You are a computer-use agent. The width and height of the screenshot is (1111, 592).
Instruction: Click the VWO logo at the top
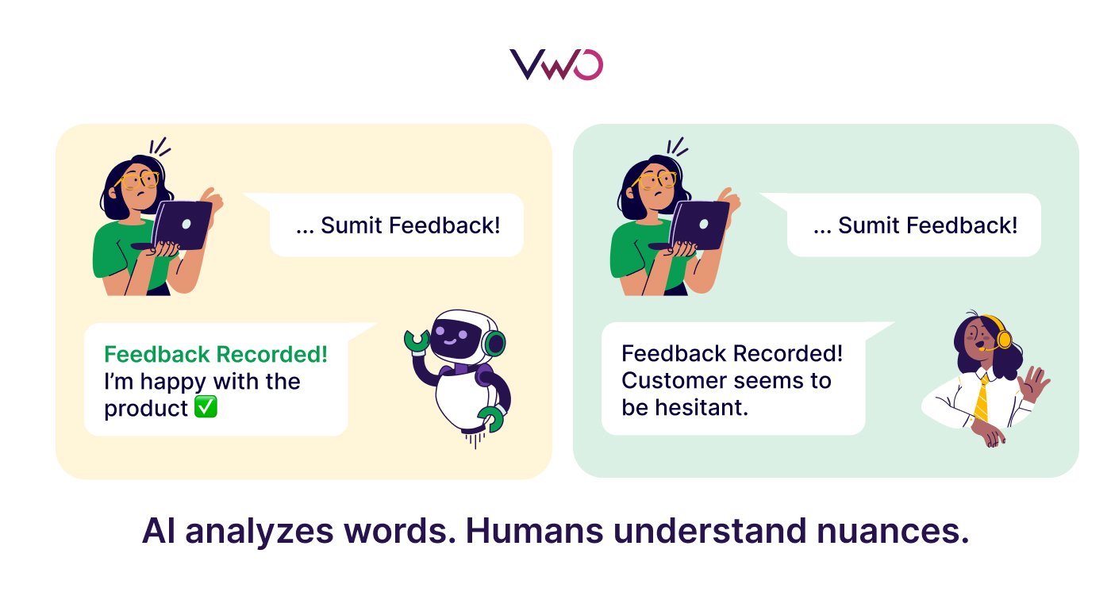click(x=556, y=64)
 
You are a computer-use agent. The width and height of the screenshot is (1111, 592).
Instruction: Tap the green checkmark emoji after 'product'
click(x=206, y=407)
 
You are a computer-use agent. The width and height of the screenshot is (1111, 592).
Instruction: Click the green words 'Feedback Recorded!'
click(x=216, y=355)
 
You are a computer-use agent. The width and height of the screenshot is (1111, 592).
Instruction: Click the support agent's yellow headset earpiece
click(x=1004, y=340)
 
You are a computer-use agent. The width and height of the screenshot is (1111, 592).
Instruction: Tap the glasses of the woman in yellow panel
click(x=140, y=180)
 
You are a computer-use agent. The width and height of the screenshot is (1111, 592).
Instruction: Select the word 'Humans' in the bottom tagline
click(x=534, y=531)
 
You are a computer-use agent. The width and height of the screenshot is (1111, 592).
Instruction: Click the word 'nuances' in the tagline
click(x=892, y=532)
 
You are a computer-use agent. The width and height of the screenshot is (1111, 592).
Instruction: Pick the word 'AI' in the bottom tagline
click(x=158, y=531)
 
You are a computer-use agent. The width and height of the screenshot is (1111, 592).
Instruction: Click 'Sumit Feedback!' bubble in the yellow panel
click(x=396, y=225)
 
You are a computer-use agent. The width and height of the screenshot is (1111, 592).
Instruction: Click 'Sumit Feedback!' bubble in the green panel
click(x=913, y=225)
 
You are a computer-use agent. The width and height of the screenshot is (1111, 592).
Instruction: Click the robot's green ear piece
click(x=494, y=343)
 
